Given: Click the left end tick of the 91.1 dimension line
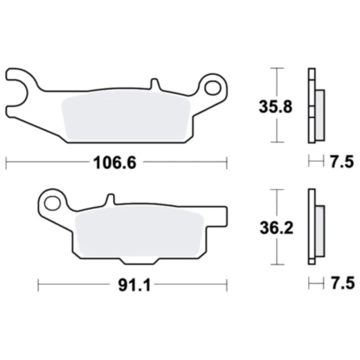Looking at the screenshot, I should click(37, 284).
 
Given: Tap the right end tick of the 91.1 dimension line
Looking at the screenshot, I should click(227, 284).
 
